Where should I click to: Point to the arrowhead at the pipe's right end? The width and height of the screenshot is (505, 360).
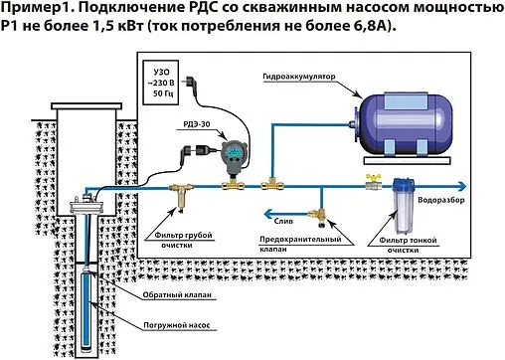click(x=466, y=183)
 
